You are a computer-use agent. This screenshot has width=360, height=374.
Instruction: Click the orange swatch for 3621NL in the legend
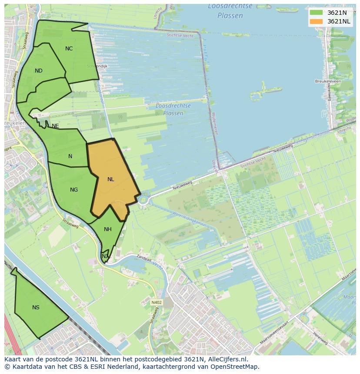point(316,21)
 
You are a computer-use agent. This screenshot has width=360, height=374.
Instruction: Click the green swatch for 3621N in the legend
point(316,13)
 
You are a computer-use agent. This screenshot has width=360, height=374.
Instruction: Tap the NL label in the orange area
point(111,179)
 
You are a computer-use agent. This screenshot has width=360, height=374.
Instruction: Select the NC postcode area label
point(69,49)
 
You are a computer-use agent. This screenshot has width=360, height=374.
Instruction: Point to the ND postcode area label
point(39,71)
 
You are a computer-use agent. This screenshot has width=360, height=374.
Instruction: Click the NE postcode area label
point(55,126)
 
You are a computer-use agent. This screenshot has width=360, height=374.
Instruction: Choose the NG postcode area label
point(74,190)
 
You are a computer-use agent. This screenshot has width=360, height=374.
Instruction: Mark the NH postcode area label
point(108,229)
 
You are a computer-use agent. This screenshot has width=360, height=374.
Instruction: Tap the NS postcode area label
point(36,308)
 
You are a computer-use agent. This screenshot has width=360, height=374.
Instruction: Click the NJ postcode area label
point(105,256)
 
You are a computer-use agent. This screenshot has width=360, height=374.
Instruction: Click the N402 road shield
point(157,302)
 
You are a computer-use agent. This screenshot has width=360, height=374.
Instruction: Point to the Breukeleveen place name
point(328,81)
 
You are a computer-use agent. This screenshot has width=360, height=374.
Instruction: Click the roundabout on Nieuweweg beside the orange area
point(143,200)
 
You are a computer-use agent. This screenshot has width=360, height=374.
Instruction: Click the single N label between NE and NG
point(70,156)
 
